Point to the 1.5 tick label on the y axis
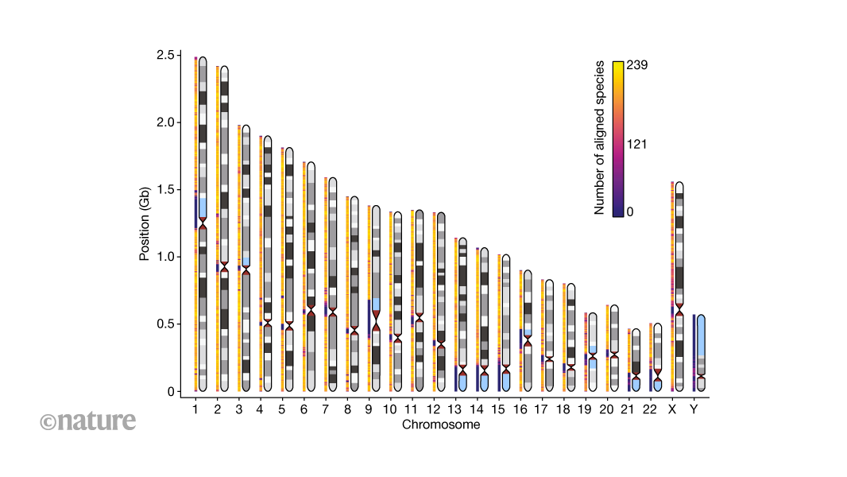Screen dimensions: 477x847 tap(165, 190)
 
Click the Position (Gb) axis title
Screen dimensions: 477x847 tap(145, 223)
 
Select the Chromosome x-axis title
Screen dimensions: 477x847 tap(440, 425)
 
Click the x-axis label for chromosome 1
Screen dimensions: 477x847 tap(195, 409)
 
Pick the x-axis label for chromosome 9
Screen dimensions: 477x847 tap(368, 409)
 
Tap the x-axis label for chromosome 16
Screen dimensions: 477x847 tap(520, 409)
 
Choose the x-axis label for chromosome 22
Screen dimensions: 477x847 tap(650, 409)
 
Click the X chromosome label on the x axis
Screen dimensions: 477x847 tap(672, 409)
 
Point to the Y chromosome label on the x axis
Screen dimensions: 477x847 tap(694, 409)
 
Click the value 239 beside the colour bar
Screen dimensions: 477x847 tap(637, 65)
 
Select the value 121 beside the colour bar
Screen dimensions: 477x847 tap(637, 144)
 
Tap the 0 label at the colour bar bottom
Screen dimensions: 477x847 tap(631, 211)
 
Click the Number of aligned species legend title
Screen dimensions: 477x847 tap(600, 138)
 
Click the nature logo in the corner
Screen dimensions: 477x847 tap(87, 421)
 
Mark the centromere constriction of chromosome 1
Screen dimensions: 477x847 tap(203, 226)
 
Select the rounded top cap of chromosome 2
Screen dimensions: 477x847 tap(224, 69)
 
